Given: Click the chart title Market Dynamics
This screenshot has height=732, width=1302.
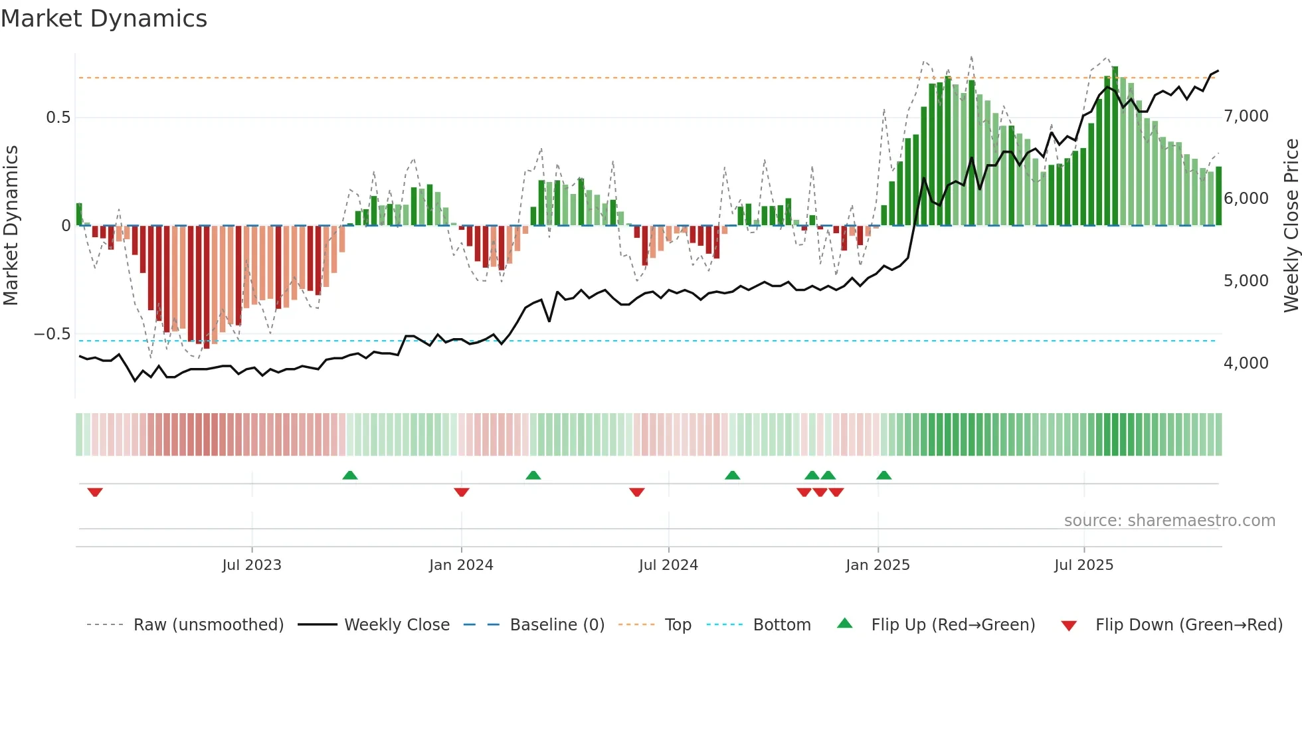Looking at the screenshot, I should (x=104, y=19).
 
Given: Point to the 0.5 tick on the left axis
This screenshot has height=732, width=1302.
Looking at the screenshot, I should (x=58, y=118).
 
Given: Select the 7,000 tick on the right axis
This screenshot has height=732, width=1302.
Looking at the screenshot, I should (x=1246, y=116).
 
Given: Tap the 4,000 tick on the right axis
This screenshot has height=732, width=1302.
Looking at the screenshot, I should (x=1246, y=363).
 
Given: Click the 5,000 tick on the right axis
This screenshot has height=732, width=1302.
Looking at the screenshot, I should (x=1246, y=281).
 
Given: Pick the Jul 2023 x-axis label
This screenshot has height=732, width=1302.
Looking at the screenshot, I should (x=252, y=565).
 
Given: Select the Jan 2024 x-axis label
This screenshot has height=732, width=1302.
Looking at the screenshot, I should (x=461, y=565).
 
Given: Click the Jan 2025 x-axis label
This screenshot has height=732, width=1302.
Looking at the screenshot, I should (x=878, y=565).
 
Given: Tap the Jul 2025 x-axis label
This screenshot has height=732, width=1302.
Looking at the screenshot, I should (x=1083, y=565).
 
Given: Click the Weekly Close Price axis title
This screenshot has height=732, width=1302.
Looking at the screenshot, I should (x=1291, y=225).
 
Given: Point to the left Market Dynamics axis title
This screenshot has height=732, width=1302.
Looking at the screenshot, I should (x=11, y=225).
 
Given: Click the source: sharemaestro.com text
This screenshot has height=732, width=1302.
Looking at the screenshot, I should (x=1169, y=521).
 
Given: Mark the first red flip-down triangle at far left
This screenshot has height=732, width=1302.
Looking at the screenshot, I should (x=95, y=492).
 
